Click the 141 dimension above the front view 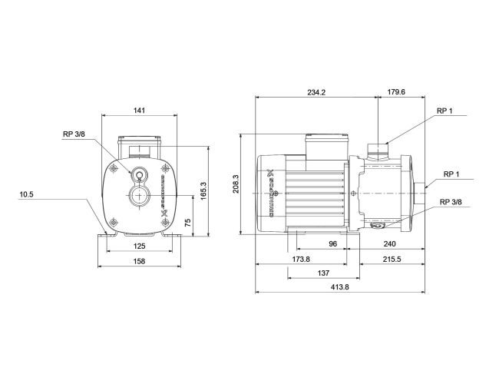139,111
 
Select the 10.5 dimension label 27,194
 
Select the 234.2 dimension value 316,92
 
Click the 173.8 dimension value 300,260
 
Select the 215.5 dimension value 390,260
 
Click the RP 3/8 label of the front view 74,135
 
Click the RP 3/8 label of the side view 451,202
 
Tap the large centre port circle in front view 139,195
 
